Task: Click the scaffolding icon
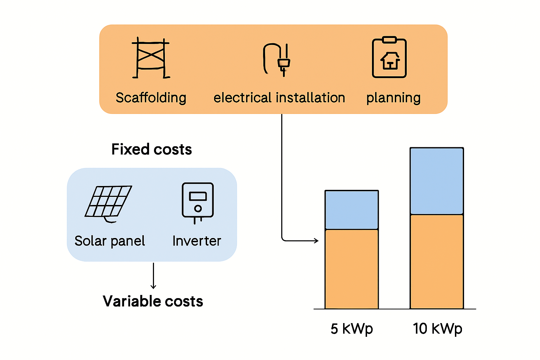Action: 151,58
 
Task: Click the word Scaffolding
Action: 151,98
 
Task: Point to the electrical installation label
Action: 279,98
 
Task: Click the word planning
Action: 393,98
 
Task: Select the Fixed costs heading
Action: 152,149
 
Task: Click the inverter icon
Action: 198,202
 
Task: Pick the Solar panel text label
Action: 110,241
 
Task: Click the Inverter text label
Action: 197,241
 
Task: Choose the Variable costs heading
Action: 153,301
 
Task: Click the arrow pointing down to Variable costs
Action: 153,276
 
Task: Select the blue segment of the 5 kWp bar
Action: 352,210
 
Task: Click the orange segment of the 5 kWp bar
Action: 352,269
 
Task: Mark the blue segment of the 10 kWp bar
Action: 437,181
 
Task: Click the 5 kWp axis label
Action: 352,329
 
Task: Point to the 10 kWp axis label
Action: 437,329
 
